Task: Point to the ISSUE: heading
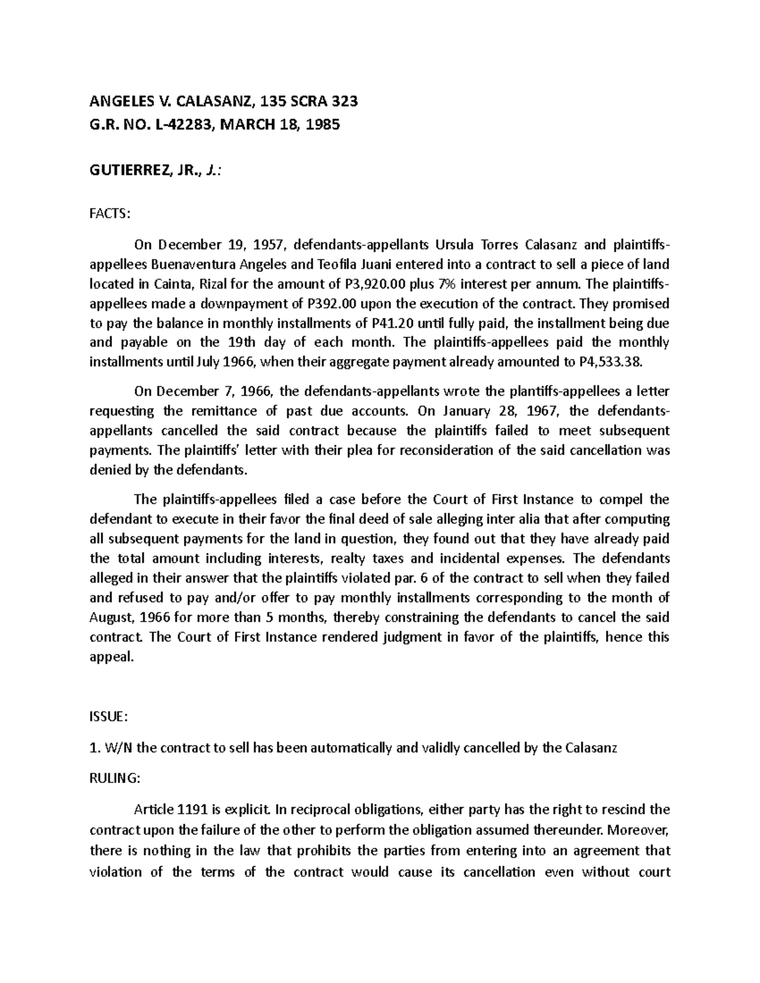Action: [x=110, y=717]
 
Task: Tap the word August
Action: [x=112, y=617]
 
